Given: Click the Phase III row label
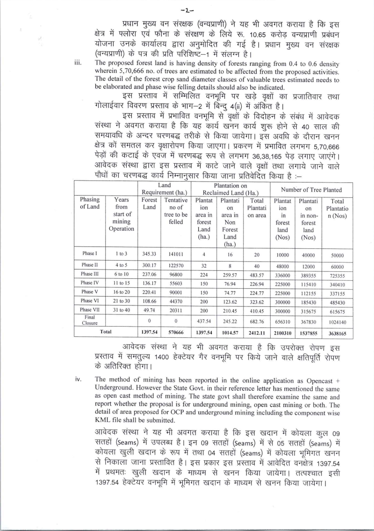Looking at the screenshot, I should pos(89,274).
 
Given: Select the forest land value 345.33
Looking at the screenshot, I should pos(149,254).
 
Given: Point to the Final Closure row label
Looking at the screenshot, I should pos(89,320).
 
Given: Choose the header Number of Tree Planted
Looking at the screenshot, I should pos(311,189).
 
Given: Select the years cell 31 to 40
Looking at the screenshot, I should pos(121,310).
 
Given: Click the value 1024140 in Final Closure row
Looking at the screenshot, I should pos(337,322).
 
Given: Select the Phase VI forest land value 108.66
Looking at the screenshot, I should pos(149,301).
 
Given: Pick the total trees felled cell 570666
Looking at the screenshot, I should pos(176,333).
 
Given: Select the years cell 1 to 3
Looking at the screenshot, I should pos(121,254).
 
